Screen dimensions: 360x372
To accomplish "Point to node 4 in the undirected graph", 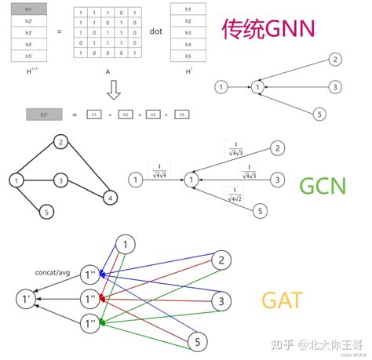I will pyautogui.click(x=111, y=198).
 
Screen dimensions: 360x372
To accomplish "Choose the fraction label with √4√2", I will pyautogui.click(x=233, y=192).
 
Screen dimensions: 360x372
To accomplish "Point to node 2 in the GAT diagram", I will pyautogui.click(x=224, y=260).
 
